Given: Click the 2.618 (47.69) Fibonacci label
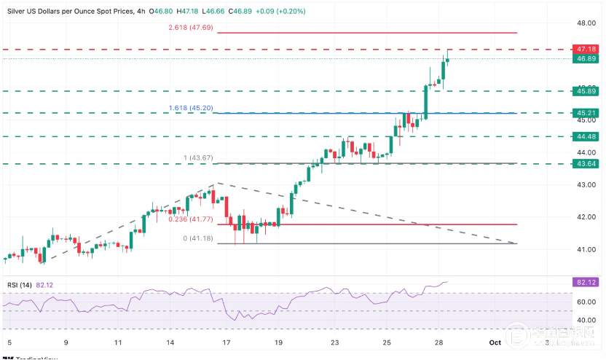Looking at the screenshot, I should pyautogui.click(x=187, y=27).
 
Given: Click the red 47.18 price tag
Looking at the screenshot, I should pyautogui.click(x=587, y=49).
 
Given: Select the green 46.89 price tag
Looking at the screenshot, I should pyautogui.click(x=587, y=58).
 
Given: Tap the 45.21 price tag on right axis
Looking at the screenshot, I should pyautogui.click(x=587, y=113).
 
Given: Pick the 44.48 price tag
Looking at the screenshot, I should pyautogui.click(x=587, y=136).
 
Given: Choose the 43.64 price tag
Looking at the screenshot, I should pyautogui.click(x=587, y=164).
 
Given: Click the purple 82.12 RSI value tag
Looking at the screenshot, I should pyautogui.click(x=587, y=281).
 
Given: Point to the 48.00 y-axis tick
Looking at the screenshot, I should pyautogui.click(x=587, y=23).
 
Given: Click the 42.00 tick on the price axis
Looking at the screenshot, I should pyautogui.click(x=587, y=217).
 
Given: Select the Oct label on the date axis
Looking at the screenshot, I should pyautogui.click(x=495, y=342).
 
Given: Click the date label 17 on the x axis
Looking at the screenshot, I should pyautogui.click(x=227, y=342).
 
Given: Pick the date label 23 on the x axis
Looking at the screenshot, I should pyautogui.click(x=334, y=342).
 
